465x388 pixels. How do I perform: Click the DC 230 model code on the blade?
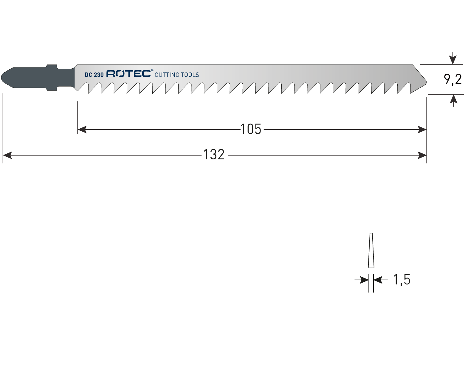click(x=94, y=75)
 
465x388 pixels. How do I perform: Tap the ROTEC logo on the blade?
click(x=128, y=73)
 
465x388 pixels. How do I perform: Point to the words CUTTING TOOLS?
click(x=177, y=75)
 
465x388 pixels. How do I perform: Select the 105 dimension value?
click(x=251, y=129)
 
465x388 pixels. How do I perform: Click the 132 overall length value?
click(x=214, y=155)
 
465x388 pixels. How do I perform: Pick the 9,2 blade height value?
click(x=453, y=79)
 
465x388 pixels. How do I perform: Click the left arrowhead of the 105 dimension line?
click(x=82, y=129)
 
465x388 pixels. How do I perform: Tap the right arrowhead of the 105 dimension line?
click(x=422, y=129)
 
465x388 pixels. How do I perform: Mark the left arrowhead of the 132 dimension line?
click(x=7, y=155)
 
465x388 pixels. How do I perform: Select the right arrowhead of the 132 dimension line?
click(x=422, y=155)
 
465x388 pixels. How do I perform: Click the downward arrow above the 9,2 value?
click(x=452, y=58)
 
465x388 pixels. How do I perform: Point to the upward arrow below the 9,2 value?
click(x=453, y=101)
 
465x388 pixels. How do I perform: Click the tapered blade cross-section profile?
click(x=371, y=250)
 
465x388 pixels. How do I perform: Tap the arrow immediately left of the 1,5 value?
click(x=381, y=280)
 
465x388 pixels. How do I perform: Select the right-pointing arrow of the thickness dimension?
click(x=362, y=280)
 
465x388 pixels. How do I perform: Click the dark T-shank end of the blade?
click(x=38, y=78)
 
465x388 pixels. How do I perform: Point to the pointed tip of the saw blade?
click(x=426, y=82)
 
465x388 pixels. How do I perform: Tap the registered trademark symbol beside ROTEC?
click(x=152, y=70)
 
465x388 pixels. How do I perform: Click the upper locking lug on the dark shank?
click(x=52, y=66)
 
